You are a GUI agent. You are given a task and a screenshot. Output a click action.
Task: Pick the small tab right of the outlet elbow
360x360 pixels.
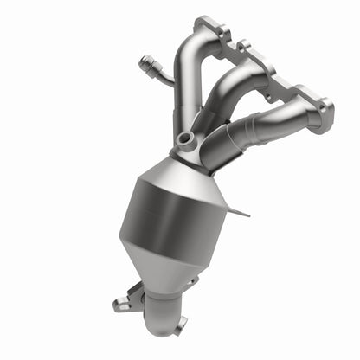coord(180,325)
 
